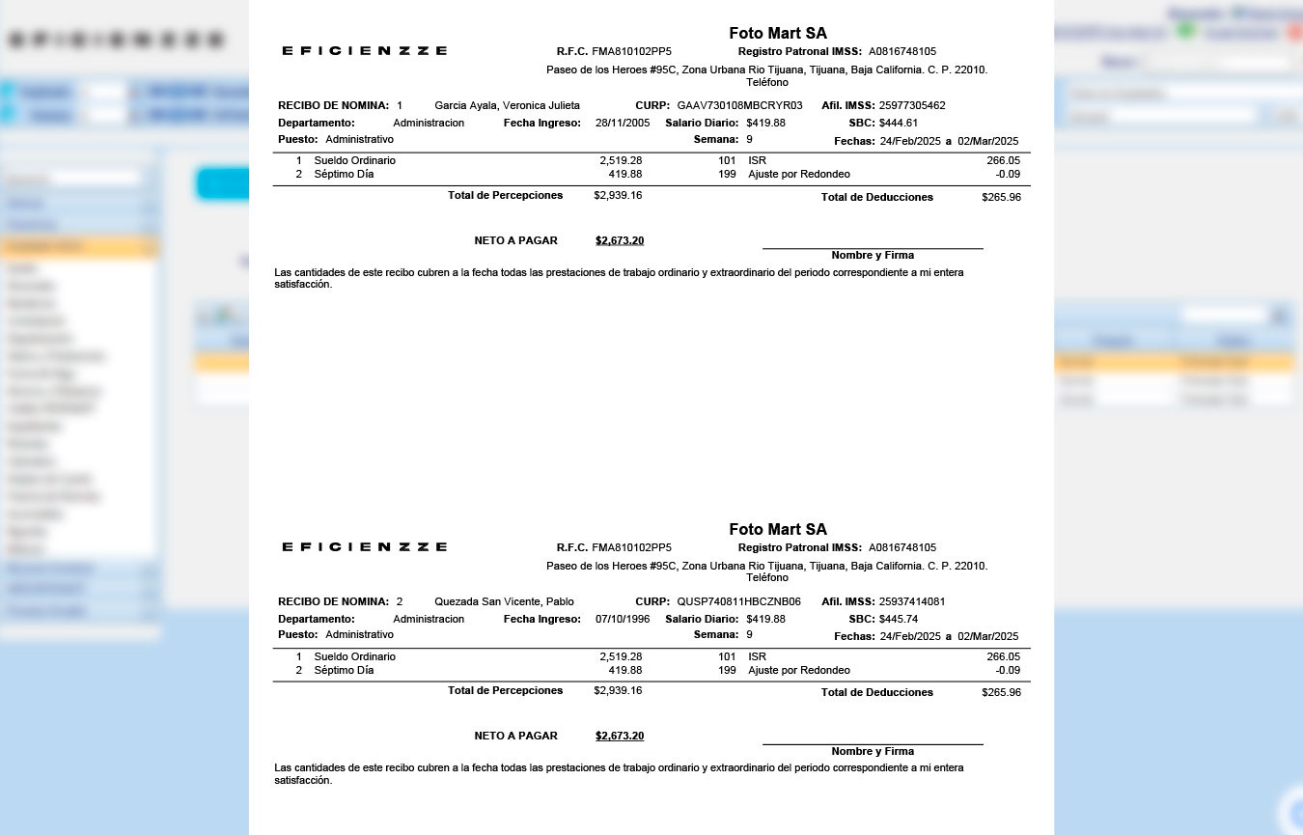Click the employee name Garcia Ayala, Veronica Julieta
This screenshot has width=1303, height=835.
point(507,105)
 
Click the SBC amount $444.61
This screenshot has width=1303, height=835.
point(899,123)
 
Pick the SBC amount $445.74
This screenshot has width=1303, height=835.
point(899,619)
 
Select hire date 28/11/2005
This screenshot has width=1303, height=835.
point(623,123)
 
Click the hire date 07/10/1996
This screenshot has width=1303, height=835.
point(623,619)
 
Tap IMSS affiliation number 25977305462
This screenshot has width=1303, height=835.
point(912,105)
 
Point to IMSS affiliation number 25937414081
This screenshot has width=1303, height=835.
point(912,601)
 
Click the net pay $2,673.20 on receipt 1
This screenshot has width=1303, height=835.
point(620,240)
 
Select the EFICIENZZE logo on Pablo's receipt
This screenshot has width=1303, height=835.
point(364,546)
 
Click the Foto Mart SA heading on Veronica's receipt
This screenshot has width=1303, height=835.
point(778,34)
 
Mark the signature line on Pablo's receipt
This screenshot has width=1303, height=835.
point(873,743)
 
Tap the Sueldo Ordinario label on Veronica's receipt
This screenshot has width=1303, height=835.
point(354,160)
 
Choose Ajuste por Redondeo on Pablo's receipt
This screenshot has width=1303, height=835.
point(798,670)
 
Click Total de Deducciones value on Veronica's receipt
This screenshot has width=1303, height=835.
point(1001,197)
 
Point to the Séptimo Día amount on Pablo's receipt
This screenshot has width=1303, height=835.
point(625,670)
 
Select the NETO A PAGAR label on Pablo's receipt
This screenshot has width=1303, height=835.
point(515,736)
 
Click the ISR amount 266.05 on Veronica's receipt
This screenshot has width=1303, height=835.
point(1003,160)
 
